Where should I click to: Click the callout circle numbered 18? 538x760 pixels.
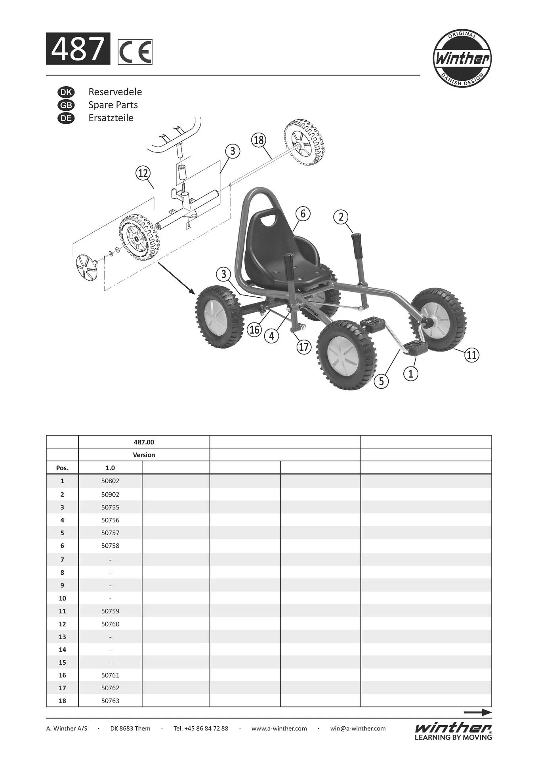tap(259, 140)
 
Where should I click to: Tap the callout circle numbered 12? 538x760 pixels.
tap(143, 173)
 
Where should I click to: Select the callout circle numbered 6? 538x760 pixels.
tap(303, 214)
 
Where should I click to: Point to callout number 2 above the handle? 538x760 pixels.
tap(341, 217)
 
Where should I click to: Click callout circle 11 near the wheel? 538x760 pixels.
tap(471, 355)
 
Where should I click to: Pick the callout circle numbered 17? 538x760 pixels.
tap(304, 347)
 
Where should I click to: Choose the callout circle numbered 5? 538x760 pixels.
tap(382, 381)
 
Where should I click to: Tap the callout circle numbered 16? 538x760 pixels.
tap(254, 329)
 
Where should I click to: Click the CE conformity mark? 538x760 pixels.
tap(135, 52)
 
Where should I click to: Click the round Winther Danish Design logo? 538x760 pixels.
tap(462, 59)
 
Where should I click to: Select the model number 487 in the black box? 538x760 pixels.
tap(78, 49)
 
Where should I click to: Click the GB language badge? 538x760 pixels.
tap(66, 105)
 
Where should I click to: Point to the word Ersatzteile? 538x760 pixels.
tap(111, 118)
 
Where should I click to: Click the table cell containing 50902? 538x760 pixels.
tap(110, 494)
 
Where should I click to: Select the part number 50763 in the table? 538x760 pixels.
tap(110, 701)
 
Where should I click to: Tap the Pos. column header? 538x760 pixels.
tap(62, 468)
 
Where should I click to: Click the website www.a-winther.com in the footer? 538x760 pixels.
tap(279, 728)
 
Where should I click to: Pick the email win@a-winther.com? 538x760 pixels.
tap(358, 728)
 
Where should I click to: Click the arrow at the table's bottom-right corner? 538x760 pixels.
tap(477, 712)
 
